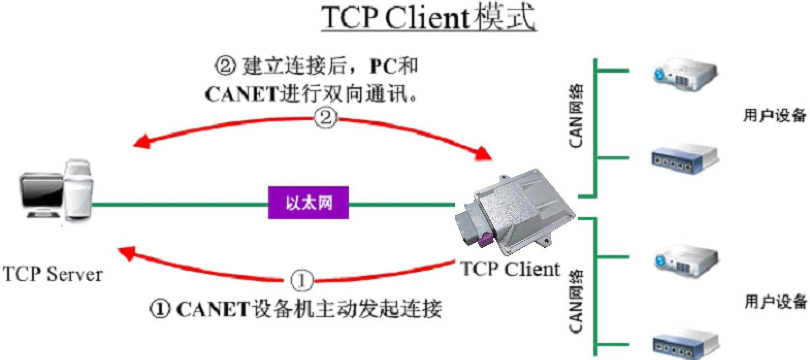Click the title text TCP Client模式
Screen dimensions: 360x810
coord(429,18)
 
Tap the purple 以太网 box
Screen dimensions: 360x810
coord(308,203)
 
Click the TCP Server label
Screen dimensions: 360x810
coord(53,274)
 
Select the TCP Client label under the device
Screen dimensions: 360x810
coord(510,269)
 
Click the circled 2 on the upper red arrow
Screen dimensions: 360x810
coord(326,119)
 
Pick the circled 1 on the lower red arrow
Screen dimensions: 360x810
coord(302,281)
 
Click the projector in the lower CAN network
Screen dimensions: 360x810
coord(686,261)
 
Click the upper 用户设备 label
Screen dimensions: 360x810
coord(774,115)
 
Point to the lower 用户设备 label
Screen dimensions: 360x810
coord(775,301)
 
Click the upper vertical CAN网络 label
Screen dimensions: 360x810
coord(576,117)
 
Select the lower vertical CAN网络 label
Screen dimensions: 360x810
coord(576,302)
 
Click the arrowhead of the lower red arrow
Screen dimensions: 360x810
coord(126,253)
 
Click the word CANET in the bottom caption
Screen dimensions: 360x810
coord(213,309)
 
